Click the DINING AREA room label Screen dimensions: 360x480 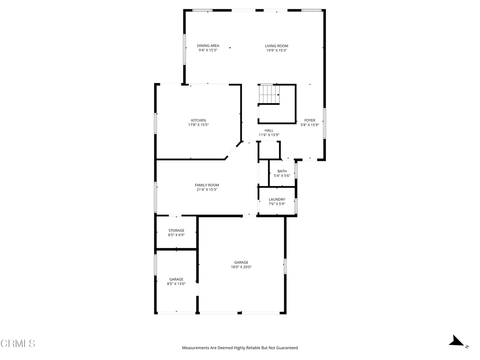[208, 45]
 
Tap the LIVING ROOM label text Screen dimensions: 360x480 [276, 46]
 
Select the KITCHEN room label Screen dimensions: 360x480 [198, 120]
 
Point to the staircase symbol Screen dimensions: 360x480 [269, 94]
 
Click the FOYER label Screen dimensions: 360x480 [310, 120]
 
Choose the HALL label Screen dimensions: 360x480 [269, 130]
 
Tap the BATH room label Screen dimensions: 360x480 [282, 171]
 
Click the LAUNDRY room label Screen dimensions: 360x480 [277, 199]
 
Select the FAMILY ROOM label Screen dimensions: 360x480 [207, 185]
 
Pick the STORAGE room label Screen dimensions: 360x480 [176, 231]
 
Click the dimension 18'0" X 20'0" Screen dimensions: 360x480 [241, 267]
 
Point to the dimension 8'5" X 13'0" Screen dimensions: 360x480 [176, 284]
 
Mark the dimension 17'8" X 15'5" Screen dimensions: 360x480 [198, 125]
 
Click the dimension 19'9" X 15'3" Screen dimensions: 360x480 [276, 51]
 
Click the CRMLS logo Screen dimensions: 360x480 [18, 344]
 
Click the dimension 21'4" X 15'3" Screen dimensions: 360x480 [207, 190]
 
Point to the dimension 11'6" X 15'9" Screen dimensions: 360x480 [269, 135]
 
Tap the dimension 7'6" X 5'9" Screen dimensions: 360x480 [277, 204]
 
